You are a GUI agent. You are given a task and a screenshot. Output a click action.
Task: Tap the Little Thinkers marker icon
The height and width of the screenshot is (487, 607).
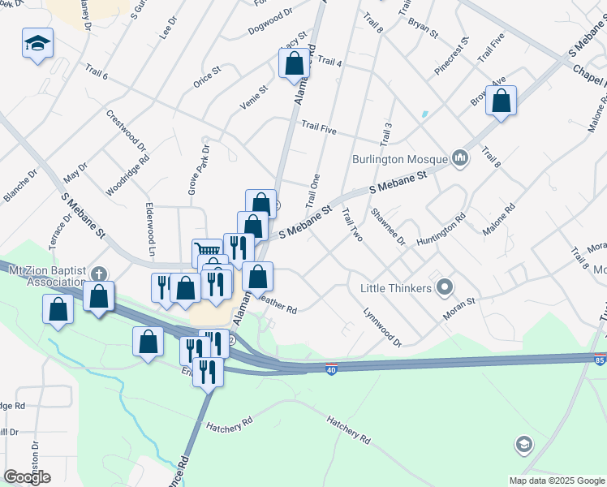click(444, 287)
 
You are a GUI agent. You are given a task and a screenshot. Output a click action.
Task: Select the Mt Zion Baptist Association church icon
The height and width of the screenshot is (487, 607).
click(98, 274)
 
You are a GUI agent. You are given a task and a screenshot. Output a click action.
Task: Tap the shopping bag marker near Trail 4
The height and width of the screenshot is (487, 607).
click(294, 63)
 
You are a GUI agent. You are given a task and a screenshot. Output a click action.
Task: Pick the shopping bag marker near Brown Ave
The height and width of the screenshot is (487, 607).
click(501, 101)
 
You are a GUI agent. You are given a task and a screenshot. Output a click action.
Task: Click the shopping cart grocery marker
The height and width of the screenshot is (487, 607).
click(207, 252)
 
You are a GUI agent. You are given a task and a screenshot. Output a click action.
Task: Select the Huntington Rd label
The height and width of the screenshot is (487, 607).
click(441, 229)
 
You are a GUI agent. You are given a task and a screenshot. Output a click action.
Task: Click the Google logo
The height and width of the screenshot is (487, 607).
click(28, 477)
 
